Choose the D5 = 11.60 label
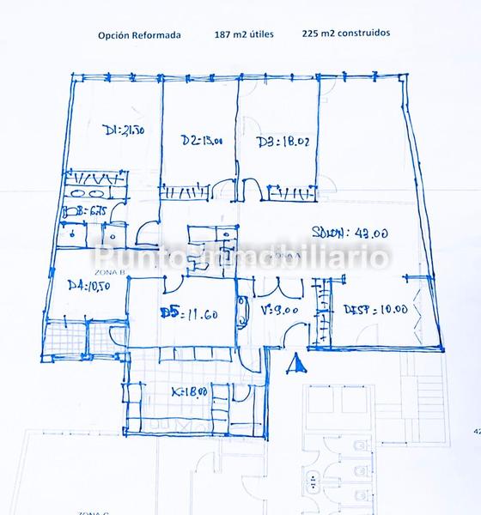tap(189, 314)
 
